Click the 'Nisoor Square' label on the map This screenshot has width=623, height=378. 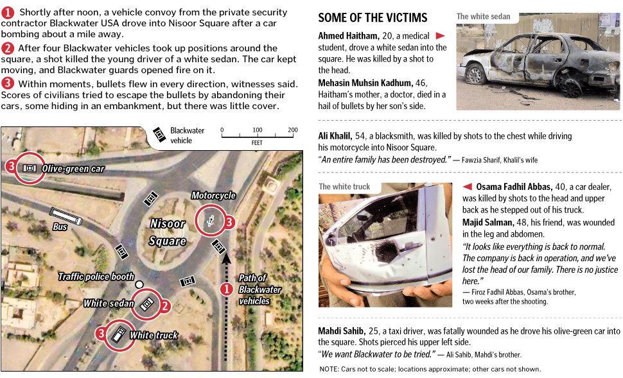(x=168, y=232)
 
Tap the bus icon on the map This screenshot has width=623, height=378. (x=66, y=217)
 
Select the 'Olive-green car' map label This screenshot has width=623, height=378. (x=73, y=169)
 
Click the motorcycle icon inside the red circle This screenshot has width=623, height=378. (x=211, y=221)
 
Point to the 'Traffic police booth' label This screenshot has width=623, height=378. (x=96, y=277)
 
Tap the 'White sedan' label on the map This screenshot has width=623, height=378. (x=109, y=303)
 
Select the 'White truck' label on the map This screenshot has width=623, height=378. (x=154, y=335)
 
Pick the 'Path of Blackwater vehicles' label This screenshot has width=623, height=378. (x=259, y=289)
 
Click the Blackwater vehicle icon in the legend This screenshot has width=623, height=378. (x=159, y=135)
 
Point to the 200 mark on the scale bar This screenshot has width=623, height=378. (x=293, y=130)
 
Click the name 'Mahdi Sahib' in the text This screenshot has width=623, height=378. (x=342, y=331)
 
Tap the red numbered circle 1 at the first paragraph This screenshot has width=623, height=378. (x=8, y=12)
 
